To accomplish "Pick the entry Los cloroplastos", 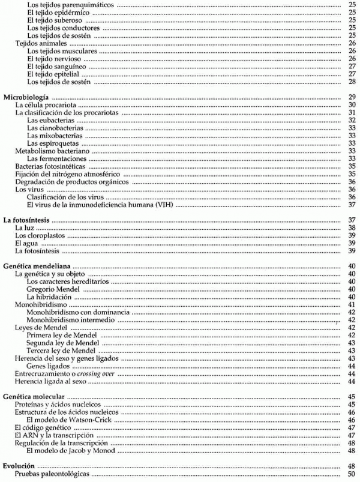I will click(40, 235).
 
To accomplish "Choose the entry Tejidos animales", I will click(40, 43).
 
